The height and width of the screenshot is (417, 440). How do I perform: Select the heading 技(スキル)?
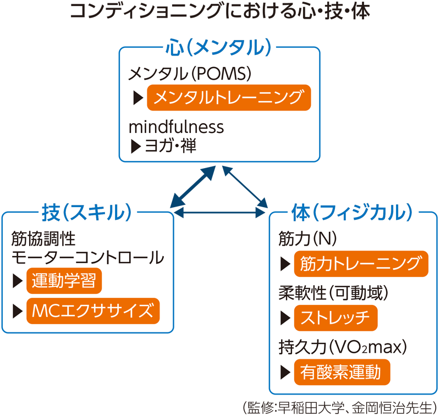tap(88, 212)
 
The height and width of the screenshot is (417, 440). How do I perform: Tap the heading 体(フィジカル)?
tap(352, 212)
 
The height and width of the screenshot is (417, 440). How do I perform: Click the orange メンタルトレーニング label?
tap(228, 98)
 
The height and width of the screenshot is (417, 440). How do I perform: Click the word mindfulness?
tap(176, 127)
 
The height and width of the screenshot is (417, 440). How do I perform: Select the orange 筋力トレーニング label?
tap(361, 264)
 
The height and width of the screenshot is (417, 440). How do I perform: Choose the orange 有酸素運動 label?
tap(342, 372)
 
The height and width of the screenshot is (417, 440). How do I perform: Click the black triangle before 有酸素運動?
tap(285, 372)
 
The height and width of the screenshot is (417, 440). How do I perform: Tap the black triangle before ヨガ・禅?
tap(135, 146)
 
